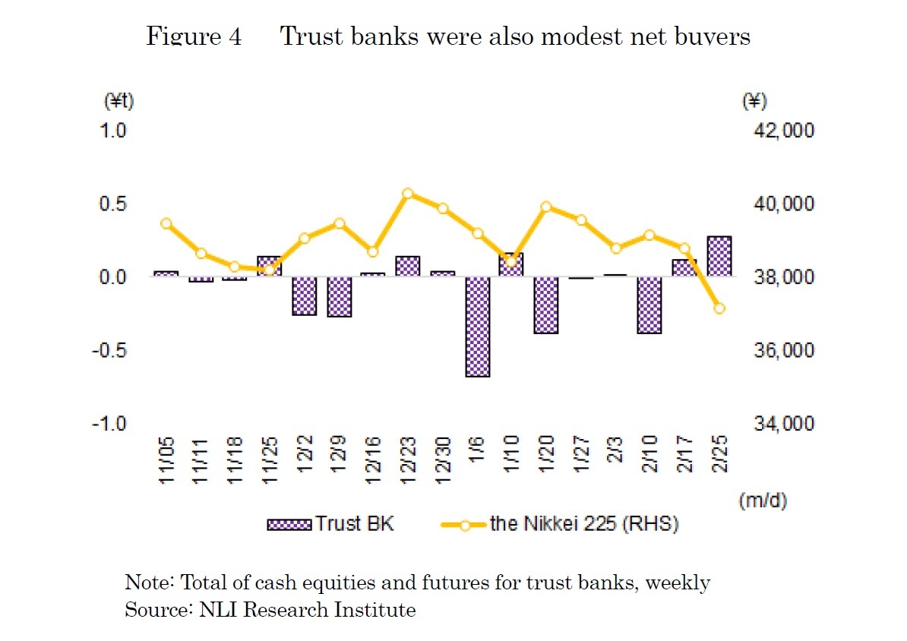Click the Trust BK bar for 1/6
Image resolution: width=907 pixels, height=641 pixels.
click(478, 327)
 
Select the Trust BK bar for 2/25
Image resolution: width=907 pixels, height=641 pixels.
click(719, 257)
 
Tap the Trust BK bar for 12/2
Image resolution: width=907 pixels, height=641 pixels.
click(305, 295)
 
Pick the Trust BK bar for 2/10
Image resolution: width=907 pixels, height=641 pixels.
click(649, 305)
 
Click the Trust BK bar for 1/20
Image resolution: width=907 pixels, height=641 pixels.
click(546, 305)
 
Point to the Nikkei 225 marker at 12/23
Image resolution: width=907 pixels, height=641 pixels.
click(408, 194)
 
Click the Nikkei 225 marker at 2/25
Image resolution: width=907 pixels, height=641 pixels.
click(719, 308)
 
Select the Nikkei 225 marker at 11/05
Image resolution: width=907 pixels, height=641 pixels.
click(166, 223)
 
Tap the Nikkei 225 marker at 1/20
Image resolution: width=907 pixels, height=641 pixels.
click(546, 207)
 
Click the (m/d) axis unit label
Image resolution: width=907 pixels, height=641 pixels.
click(761, 501)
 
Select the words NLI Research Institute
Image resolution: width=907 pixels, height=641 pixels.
click(308, 609)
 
